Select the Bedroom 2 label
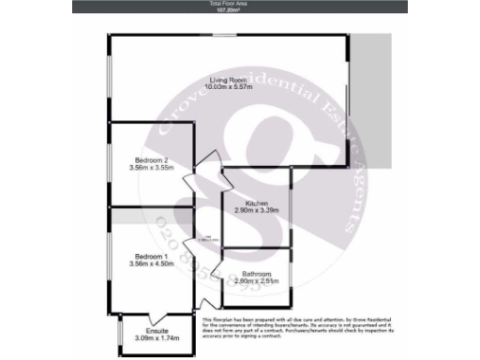click(151, 160)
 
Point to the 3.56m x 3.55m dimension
click(151, 168)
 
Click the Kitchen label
click(257, 204)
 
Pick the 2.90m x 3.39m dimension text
click(257, 212)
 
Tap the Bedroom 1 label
click(151, 257)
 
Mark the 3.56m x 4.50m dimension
click(151, 264)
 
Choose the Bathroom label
click(257, 274)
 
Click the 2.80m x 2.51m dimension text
click(257, 281)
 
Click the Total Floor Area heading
click(238, 4)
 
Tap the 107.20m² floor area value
click(238, 9)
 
